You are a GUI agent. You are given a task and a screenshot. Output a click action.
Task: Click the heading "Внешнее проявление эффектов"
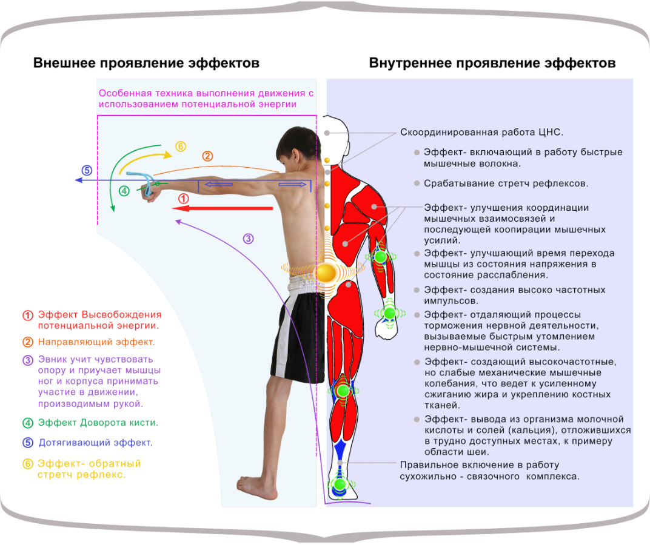pyautogui.click(x=146, y=63)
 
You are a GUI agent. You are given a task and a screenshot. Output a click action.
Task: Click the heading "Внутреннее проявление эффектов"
pyautogui.click(x=492, y=63)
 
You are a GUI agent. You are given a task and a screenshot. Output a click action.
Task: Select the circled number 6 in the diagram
pyautogui.click(x=180, y=147)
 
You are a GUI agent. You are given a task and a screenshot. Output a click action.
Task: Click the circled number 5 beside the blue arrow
pyautogui.click(x=87, y=170)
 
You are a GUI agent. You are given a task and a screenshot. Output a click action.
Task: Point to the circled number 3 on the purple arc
pyautogui.click(x=248, y=239)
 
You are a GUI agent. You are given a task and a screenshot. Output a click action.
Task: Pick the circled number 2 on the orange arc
pyautogui.click(x=207, y=156)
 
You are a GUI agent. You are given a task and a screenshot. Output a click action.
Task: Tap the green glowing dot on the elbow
pyautogui.click(x=380, y=257)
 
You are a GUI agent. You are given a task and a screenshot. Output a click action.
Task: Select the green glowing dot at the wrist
pyautogui.click(x=389, y=312)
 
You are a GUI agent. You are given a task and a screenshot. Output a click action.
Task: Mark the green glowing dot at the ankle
pyautogui.click(x=340, y=484)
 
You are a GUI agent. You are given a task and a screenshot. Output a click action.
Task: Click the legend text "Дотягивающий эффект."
pyautogui.click(x=95, y=443)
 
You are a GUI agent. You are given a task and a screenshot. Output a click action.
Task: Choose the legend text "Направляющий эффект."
pyautogui.click(x=96, y=342)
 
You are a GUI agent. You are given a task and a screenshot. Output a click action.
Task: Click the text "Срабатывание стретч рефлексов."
pyautogui.click(x=506, y=183)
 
